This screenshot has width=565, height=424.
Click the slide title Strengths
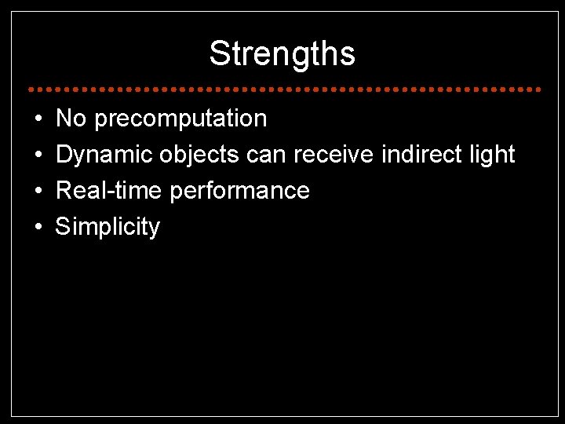coord(282,54)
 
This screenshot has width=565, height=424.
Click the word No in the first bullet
coord(71,119)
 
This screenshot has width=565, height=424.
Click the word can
coord(267,155)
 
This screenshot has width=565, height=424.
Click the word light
coord(490,155)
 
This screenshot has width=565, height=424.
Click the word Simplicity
coord(108,228)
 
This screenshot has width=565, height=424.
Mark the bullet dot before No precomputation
coord(38,119)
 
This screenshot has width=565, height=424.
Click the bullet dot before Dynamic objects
coord(38,155)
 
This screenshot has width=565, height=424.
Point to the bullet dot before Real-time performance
coord(38,192)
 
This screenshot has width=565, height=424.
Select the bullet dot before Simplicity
coord(38,228)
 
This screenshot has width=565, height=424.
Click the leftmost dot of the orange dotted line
coord(28,87)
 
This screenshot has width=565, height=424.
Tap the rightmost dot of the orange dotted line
coord(539,87)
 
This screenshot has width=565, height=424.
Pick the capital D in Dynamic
coord(64,155)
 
